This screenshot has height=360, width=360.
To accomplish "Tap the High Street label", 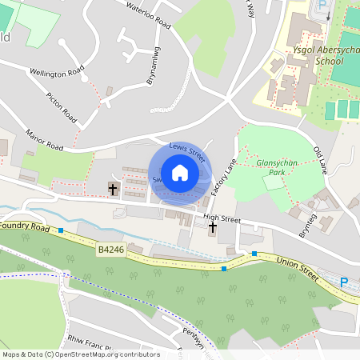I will click(x=222, y=217).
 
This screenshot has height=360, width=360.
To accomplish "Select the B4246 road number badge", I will click(x=110, y=250).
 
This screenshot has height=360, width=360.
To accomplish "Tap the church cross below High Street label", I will click(x=212, y=228).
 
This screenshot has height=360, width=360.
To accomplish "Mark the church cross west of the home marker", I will click(x=113, y=190).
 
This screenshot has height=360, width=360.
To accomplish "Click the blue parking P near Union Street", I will click(x=344, y=282).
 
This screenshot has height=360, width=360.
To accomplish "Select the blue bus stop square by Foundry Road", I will click(x=60, y=230).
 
